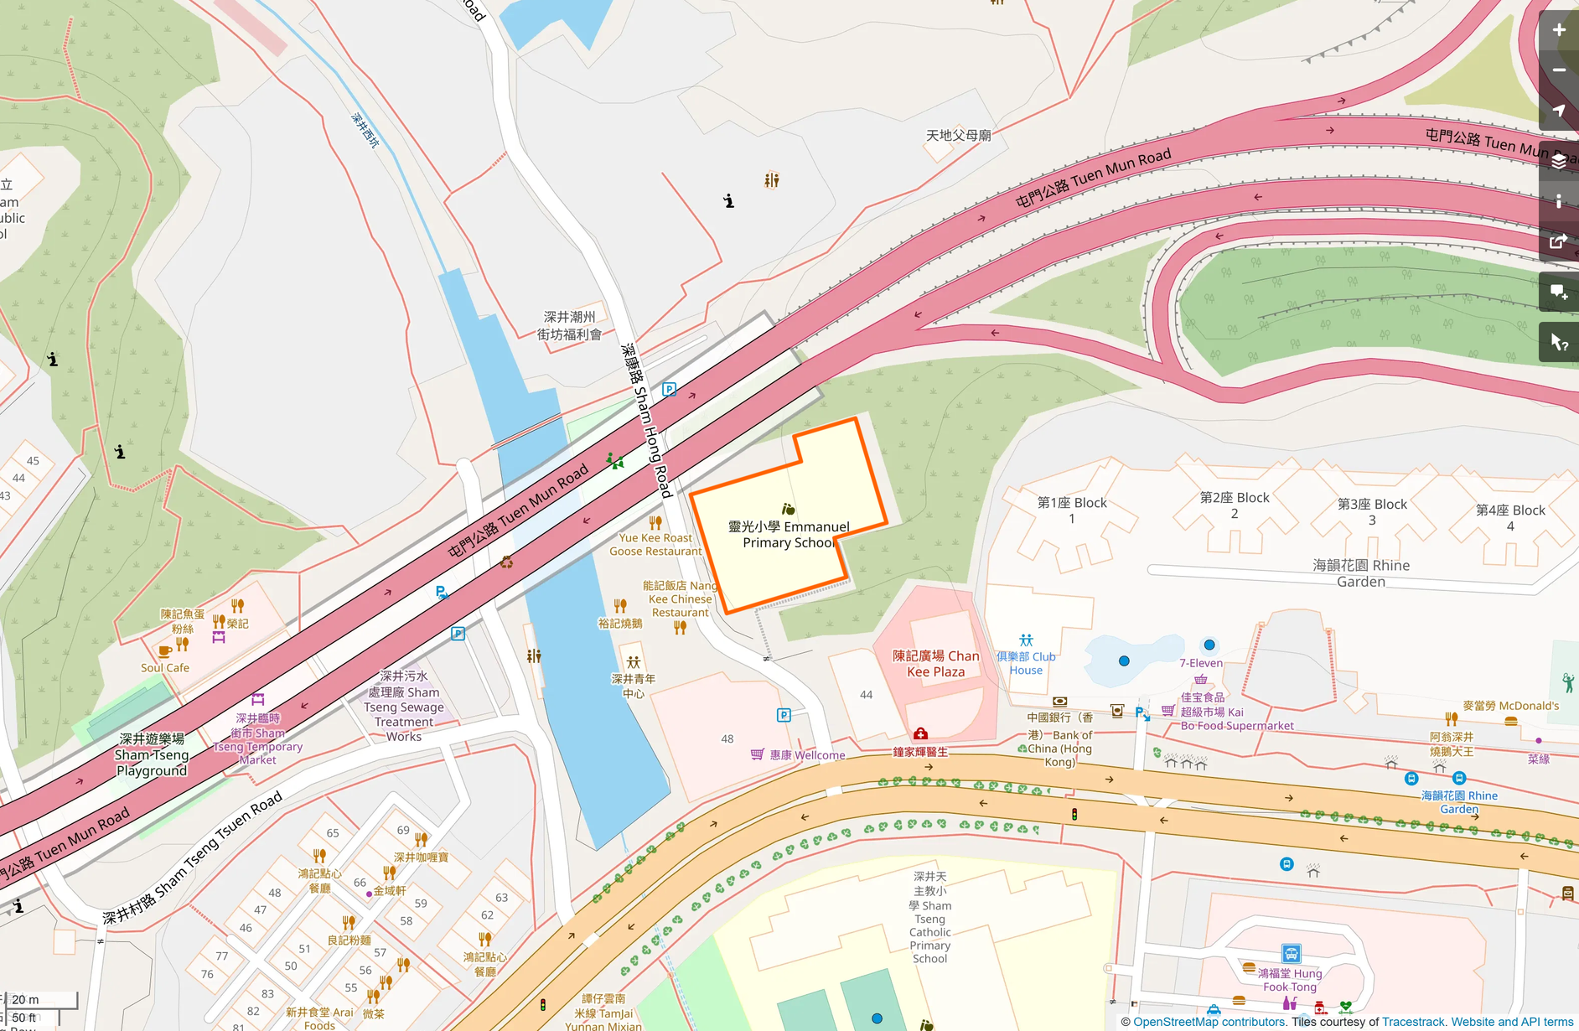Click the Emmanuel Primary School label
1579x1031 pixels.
coord(788,534)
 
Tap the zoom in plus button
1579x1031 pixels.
coord(1558,31)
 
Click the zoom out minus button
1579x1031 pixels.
coord(1558,70)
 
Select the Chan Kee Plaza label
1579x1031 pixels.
coord(935,663)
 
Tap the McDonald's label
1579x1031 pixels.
coord(1510,706)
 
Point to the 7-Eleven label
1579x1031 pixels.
coord(1200,663)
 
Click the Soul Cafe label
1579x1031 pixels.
coord(165,668)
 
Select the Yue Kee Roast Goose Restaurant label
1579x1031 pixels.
coord(655,544)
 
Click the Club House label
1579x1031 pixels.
coord(1026,663)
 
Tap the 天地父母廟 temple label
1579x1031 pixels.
coord(958,135)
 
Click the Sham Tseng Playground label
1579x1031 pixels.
coord(152,754)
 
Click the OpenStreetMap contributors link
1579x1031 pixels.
coord(1209,1022)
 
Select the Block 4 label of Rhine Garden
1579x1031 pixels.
coord(1510,517)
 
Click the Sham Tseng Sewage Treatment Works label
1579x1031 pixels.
coord(404,706)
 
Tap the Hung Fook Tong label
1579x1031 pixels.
coord(1291,980)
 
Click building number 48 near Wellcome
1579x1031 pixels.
coord(727,738)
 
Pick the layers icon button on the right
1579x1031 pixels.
coord(1558,161)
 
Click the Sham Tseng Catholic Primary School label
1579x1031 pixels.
coord(929,918)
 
